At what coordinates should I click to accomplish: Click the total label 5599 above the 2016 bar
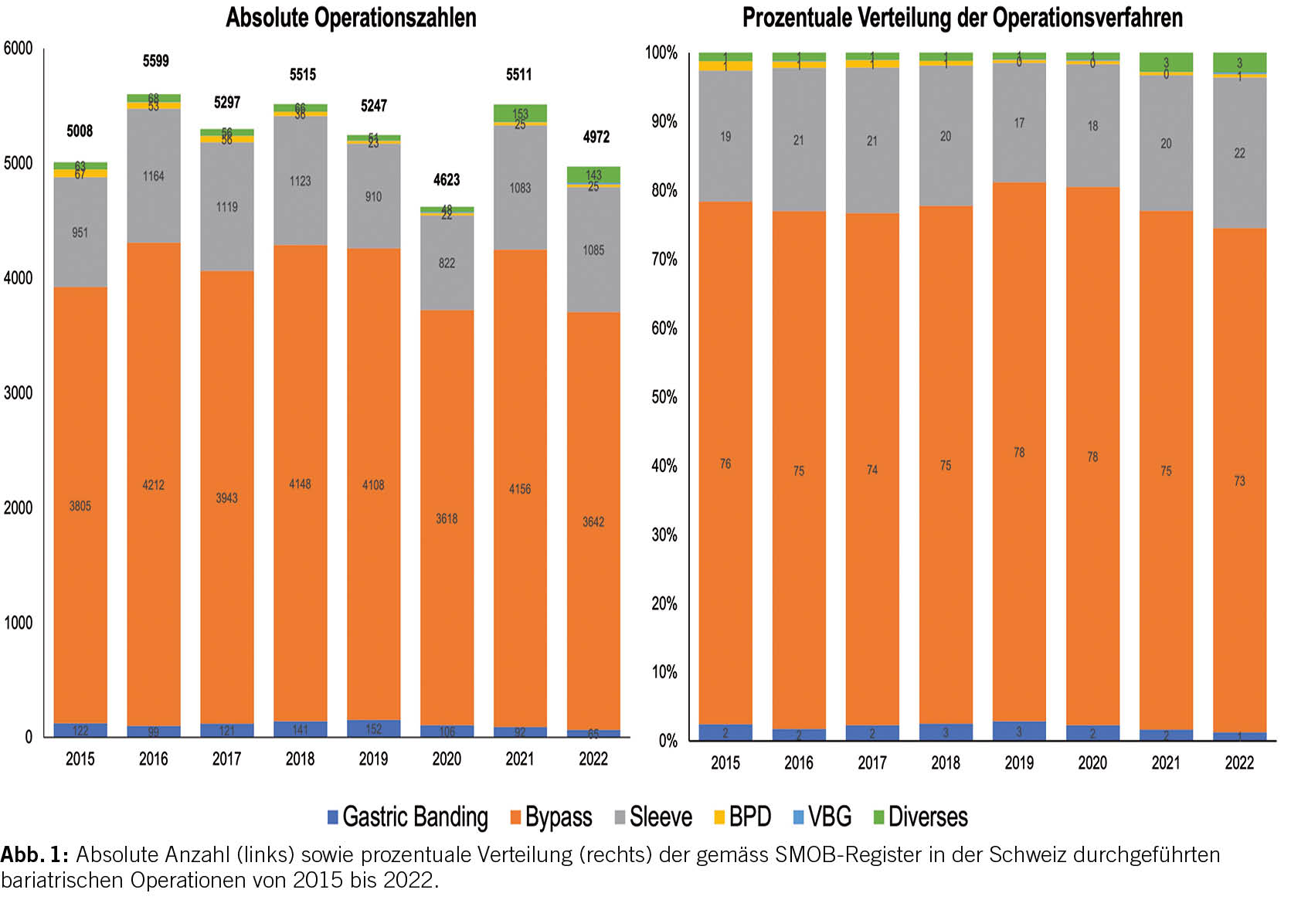[x=155, y=61]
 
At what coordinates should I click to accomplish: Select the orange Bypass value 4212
[x=153, y=485]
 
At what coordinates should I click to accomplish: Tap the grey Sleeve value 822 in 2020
[x=447, y=263]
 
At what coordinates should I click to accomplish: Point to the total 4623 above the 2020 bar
[x=447, y=180]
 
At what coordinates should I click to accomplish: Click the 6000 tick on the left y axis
[x=18, y=49]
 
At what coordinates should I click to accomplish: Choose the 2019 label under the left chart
[x=373, y=759]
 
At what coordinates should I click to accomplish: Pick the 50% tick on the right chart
[x=664, y=397]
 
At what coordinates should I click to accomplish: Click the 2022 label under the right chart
[x=1239, y=763]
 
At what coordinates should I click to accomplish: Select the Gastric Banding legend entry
[x=408, y=817]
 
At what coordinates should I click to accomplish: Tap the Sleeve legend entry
[x=653, y=817]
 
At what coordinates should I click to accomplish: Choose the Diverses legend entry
[x=920, y=817]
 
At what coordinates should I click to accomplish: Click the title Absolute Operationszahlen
[x=351, y=18]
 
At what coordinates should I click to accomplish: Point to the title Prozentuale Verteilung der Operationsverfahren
[x=962, y=18]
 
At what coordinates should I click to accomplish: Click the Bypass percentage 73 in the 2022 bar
[x=1239, y=481]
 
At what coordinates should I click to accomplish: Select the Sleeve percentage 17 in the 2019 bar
[x=1019, y=124]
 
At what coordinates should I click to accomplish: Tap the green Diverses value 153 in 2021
[x=520, y=114]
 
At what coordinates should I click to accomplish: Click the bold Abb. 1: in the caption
[x=35, y=855]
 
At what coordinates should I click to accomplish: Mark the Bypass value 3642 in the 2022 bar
[x=593, y=522]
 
